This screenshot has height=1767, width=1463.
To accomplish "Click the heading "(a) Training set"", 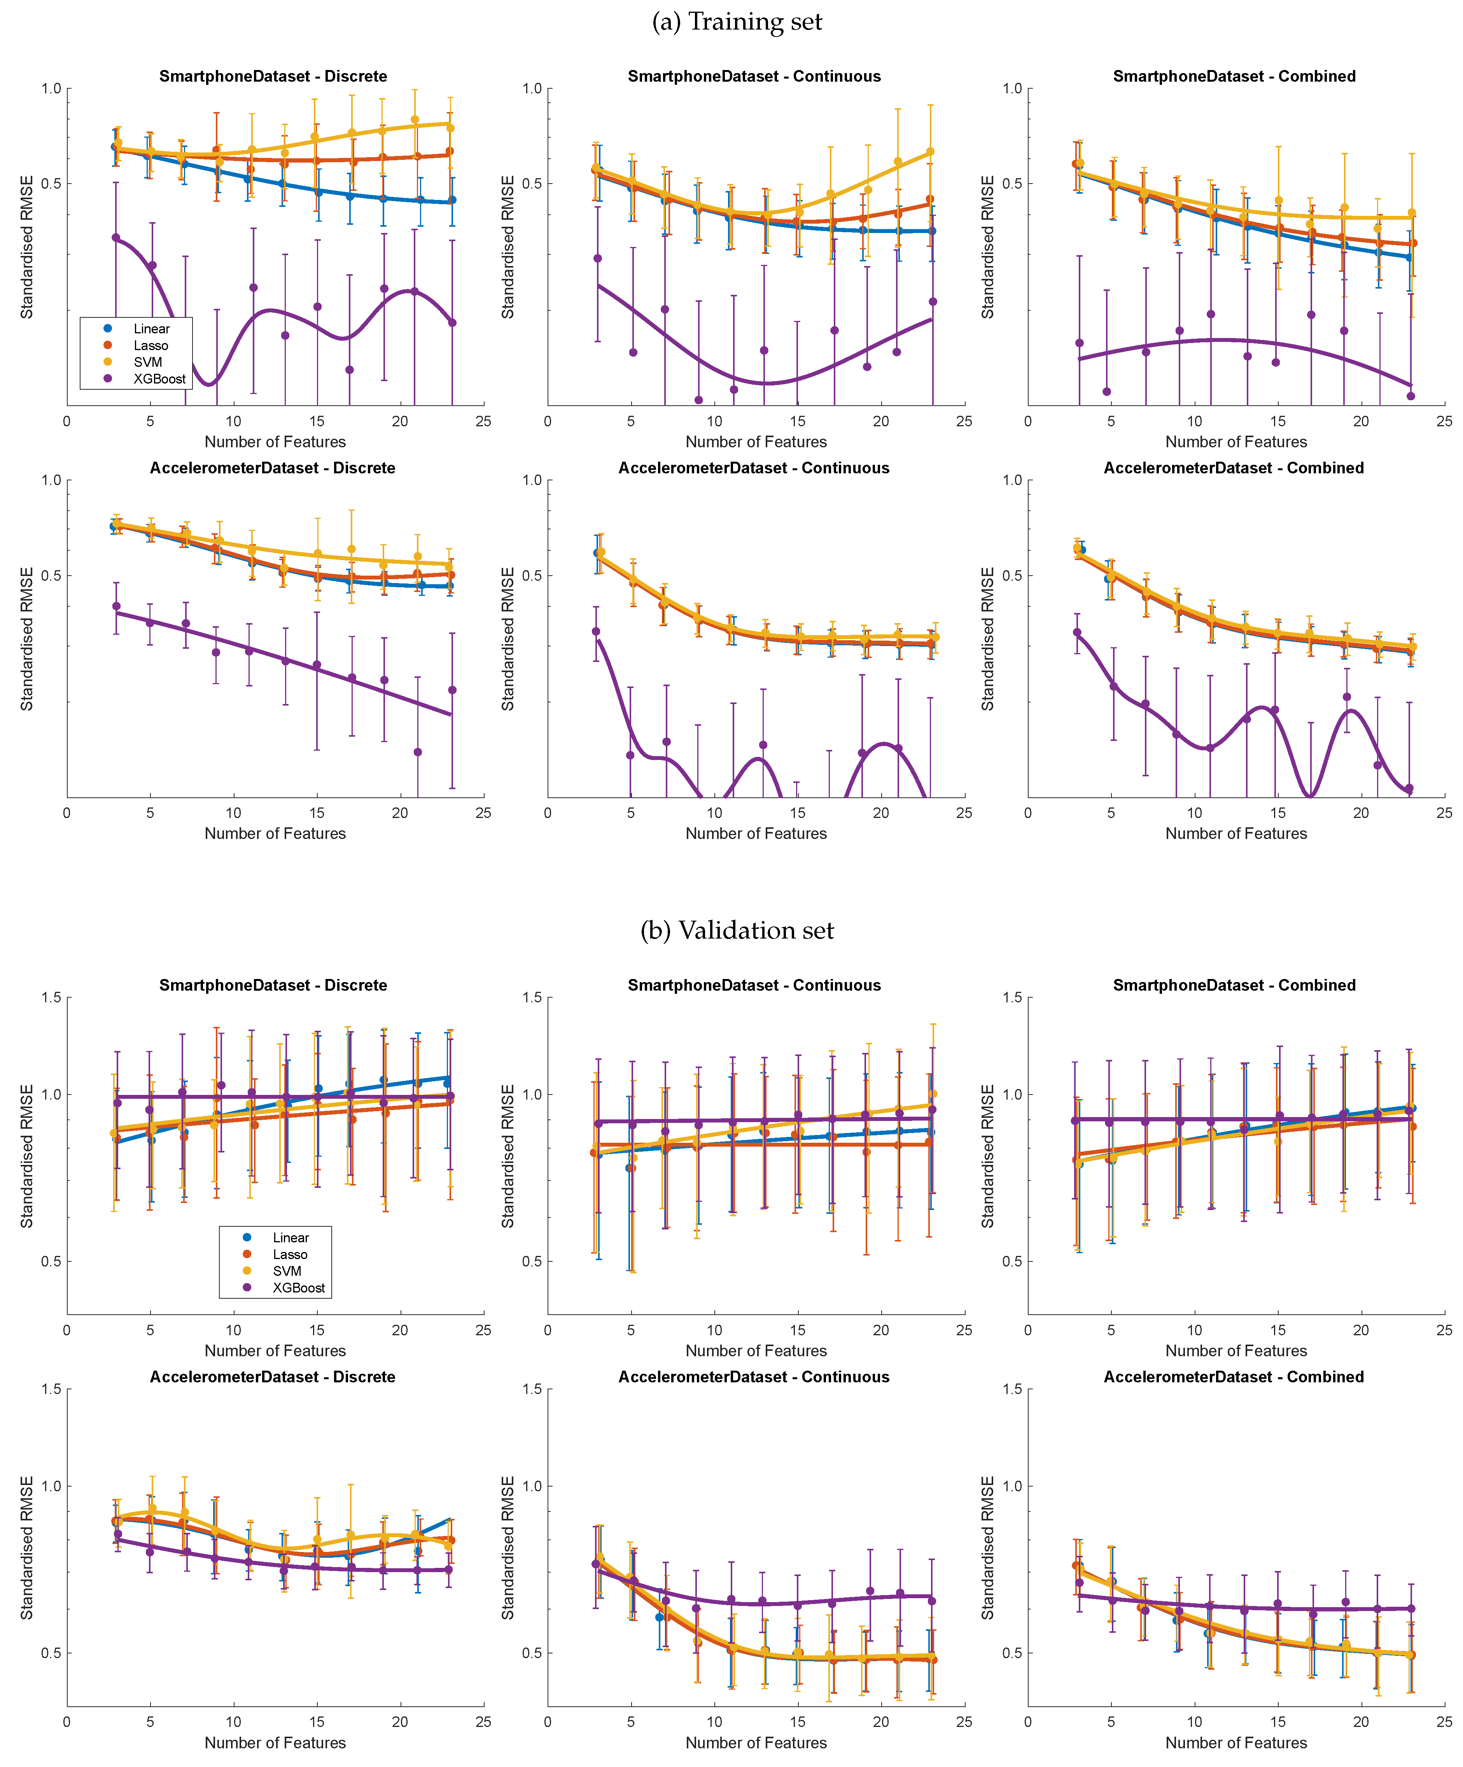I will [737, 22].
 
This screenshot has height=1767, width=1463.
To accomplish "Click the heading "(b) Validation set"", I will [737, 931].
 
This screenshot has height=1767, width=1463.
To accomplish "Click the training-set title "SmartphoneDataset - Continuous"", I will [754, 77].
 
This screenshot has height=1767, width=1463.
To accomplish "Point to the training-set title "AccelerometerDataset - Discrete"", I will [273, 468].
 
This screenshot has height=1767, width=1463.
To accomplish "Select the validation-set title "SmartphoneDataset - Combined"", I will [1233, 985].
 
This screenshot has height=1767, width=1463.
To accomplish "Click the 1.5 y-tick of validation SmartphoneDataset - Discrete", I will [51, 998].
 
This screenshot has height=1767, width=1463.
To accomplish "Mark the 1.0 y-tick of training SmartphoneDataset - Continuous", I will [532, 88].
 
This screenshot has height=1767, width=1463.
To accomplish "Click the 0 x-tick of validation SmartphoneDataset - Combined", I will [1027, 1330].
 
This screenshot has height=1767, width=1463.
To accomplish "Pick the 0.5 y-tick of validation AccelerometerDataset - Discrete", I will [51, 1653].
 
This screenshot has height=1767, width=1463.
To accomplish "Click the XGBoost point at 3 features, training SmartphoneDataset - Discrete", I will [116, 238].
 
